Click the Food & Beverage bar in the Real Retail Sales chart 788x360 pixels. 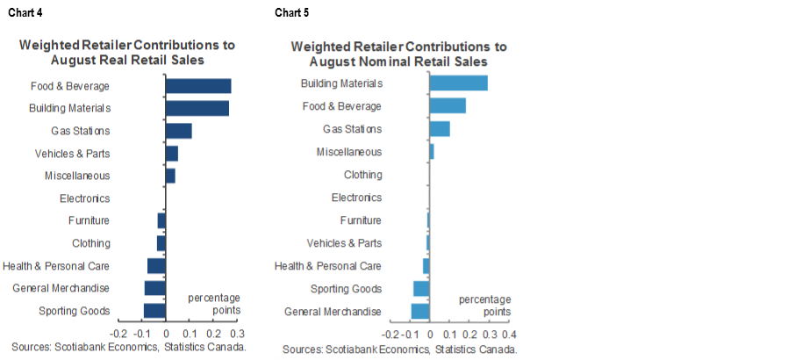[198, 86]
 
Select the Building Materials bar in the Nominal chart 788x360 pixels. [458, 83]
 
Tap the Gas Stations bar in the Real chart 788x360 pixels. [178, 131]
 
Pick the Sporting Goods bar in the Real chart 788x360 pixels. [154, 311]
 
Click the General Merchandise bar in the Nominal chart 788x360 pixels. [420, 311]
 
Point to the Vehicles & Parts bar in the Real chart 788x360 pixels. [171, 154]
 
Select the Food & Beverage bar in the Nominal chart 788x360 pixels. [448, 106]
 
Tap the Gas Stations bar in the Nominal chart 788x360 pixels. [440, 129]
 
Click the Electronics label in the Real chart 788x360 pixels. [84, 198]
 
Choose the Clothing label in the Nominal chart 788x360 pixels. [362, 175]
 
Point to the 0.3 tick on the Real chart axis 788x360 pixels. [237, 335]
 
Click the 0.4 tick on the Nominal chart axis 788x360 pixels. [506, 335]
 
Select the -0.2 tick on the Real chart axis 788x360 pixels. [118, 335]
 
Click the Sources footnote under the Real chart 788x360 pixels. [128, 348]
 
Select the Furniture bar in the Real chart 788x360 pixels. [161, 220]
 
